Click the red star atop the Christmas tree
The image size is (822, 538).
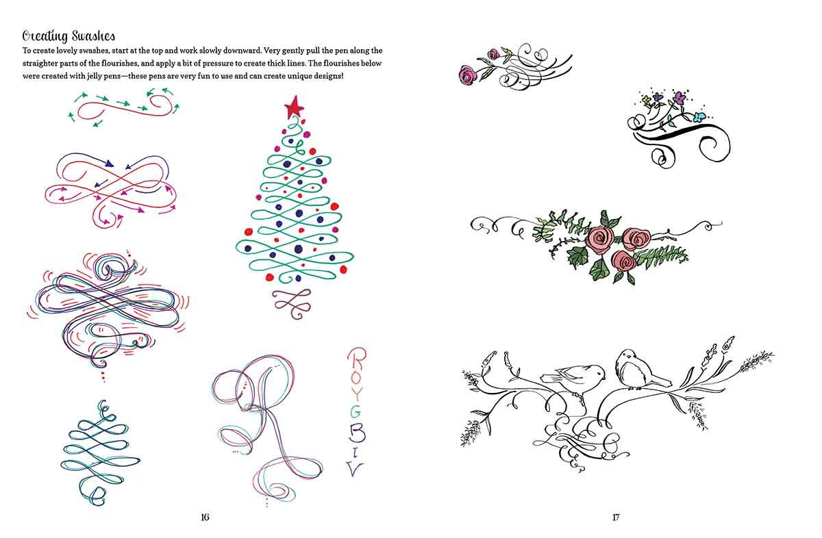294,107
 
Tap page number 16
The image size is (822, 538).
205,517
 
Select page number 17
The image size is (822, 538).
616,517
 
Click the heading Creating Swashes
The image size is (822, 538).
68,36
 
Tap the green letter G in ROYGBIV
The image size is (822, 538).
355,413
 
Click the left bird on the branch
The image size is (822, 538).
573,378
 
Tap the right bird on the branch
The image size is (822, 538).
639,370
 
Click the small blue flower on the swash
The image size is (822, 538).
700,117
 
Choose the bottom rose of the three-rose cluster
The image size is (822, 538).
623,261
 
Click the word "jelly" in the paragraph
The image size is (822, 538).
97,77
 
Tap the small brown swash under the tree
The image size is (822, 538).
292,303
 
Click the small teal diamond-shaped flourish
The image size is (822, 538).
100,453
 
